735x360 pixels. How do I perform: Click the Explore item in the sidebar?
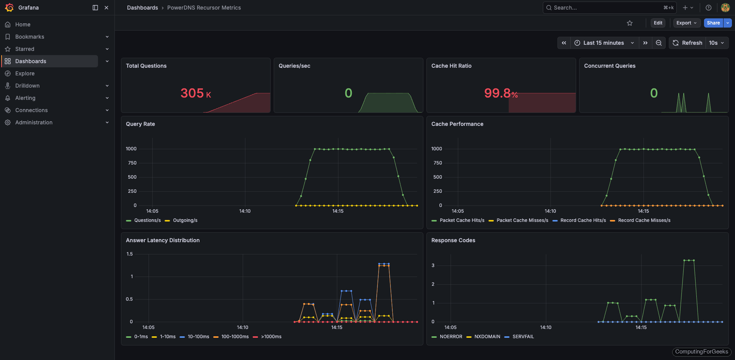pos(25,73)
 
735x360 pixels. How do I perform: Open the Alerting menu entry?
pos(25,98)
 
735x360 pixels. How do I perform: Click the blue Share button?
pos(713,23)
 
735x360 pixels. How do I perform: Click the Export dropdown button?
pos(686,23)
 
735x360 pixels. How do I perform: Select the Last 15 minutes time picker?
pos(604,43)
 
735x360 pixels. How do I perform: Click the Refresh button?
pos(688,43)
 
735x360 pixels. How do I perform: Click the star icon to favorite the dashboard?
pos(630,23)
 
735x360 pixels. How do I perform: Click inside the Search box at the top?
pos(605,8)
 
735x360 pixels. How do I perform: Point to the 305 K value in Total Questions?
pos(196,93)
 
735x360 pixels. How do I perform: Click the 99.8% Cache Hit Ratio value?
pos(501,93)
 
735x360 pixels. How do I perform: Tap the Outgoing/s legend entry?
pos(185,220)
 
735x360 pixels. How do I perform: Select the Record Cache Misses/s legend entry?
pos(644,220)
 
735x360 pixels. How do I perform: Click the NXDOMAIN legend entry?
pos(487,337)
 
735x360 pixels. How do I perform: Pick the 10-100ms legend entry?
pos(198,337)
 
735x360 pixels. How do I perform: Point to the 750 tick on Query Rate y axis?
pos(132,163)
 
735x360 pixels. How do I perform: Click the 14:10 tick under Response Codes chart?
pos(546,327)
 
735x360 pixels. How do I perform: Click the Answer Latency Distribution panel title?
pos(163,240)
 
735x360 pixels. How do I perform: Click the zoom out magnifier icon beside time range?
pos(658,43)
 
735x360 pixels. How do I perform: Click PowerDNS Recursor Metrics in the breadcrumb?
pos(204,8)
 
